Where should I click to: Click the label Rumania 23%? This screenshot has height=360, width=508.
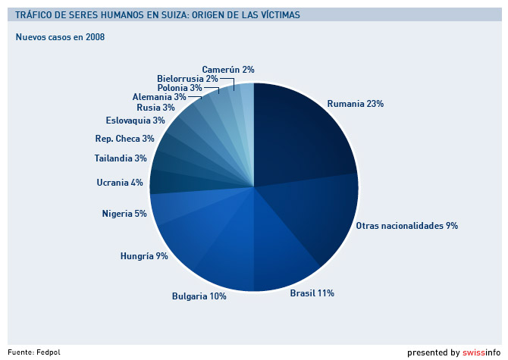355,103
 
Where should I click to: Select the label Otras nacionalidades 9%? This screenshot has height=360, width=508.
406,225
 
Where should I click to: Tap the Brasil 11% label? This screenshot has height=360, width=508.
312,293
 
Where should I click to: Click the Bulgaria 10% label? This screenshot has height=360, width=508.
199,296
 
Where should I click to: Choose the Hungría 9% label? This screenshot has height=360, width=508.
144,255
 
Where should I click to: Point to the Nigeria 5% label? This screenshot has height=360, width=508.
124,214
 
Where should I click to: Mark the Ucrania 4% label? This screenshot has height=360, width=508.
120,182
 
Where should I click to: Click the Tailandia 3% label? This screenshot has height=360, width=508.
121,158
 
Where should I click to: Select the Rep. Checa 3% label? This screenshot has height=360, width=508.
124,139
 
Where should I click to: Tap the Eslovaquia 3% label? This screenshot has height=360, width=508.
135,120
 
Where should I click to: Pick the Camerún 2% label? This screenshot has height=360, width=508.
227,69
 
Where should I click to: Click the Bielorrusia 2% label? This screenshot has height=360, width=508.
187,78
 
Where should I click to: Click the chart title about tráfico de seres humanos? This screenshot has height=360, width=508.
157,15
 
